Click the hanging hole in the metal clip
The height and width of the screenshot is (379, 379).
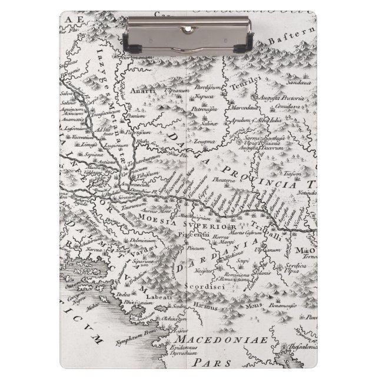pos(189,29)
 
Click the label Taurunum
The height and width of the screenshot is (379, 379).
pos(133,207)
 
